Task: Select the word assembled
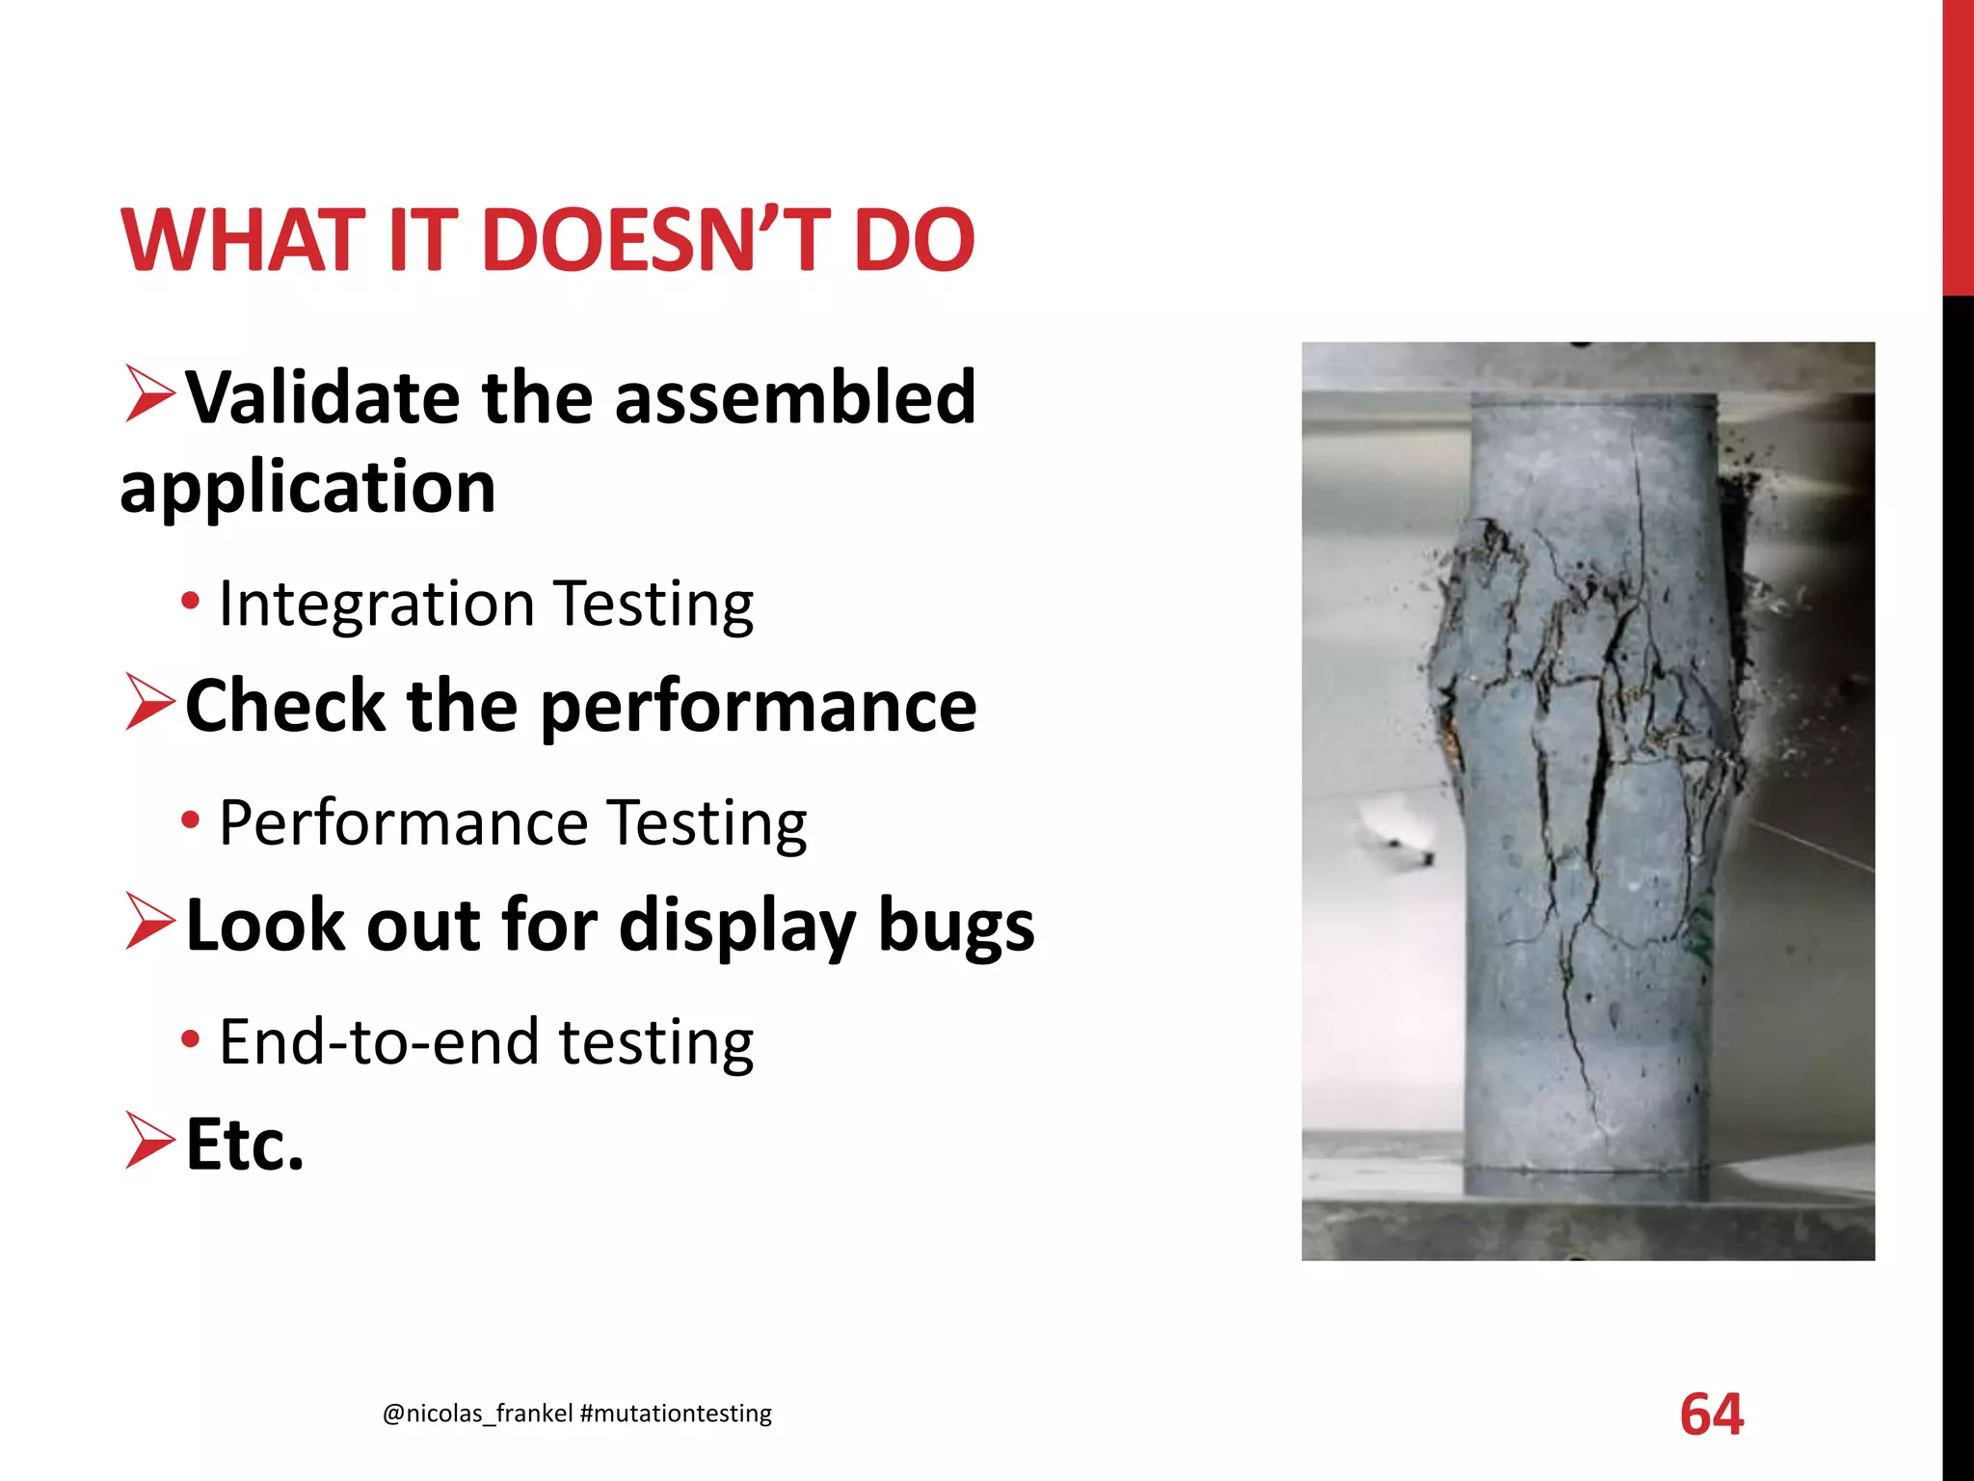coord(795,397)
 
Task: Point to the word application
coord(307,487)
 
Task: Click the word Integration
coord(376,605)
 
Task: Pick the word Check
coord(284,706)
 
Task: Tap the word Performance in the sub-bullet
coord(403,823)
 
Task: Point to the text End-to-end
coord(379,1042)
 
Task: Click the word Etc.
coord(245,1144)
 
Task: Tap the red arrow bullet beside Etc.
coord(149,1141)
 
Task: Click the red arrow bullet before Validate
coord(149,394)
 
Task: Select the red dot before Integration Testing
coord(191,603)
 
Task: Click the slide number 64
coord(1711,1414)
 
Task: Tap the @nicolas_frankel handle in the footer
coord(478,1414)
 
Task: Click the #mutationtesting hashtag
coord(676,1414)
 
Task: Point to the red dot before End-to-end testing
coord(191,1040)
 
